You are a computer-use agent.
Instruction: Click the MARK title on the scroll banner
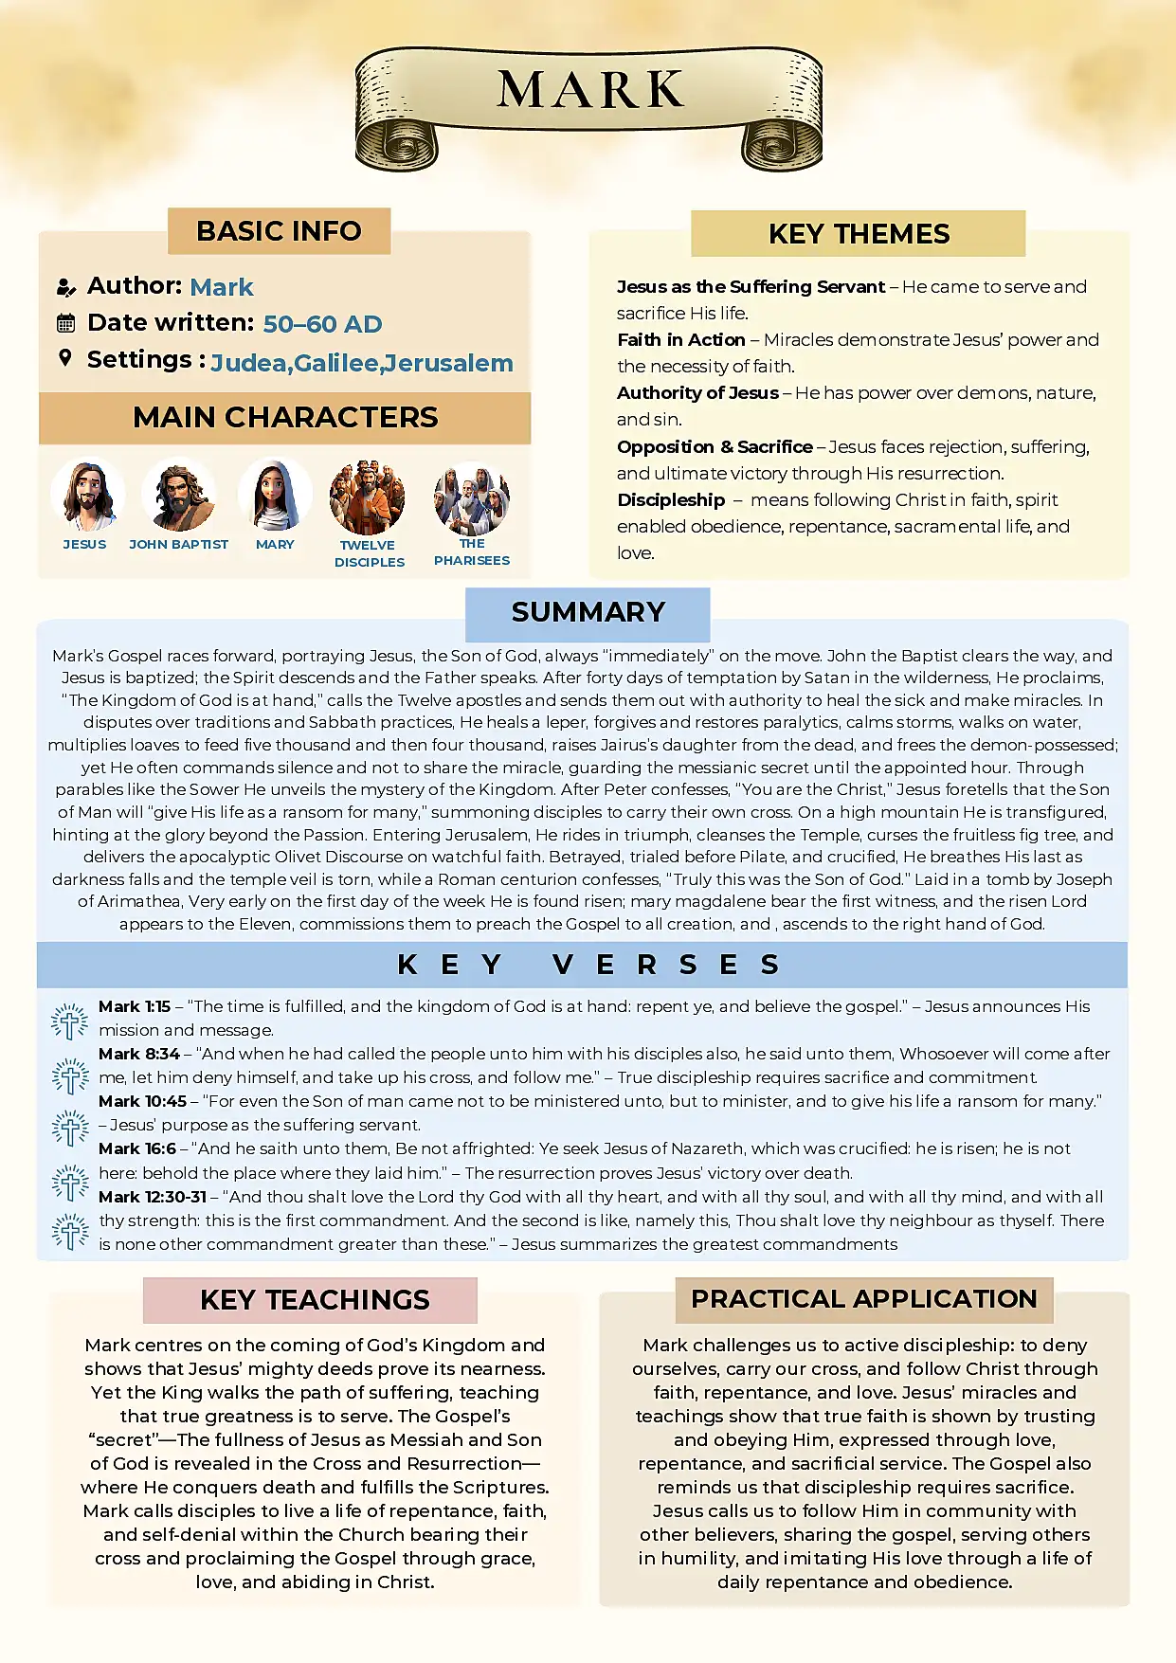click(589, 90)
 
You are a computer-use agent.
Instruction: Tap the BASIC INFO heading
click(279, 231)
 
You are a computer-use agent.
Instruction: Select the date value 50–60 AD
click(322, 324)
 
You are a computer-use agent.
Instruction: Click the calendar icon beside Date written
click(65, 323)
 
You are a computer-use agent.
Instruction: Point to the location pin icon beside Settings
click(64, 358)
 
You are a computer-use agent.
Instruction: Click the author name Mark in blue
click(222, 287)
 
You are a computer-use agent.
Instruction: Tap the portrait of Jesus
click(86, 495)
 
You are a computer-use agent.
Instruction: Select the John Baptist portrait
click(178, 496)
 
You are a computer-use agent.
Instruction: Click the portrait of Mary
click(275, 495)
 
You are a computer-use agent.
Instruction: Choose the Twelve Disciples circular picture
click(368, 497)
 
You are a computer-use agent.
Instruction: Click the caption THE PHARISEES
click(472, 552)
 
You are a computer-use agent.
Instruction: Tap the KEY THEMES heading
click(859, 234)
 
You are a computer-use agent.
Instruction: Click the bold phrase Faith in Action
click(680, 339)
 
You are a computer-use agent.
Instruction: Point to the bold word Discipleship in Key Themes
click(671, 499)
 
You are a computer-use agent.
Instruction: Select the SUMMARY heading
click(588, 612)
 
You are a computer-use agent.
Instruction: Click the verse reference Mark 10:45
click(142, 1101)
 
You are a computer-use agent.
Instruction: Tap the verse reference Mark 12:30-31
click(153, 1197)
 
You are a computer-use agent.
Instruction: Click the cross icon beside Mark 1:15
click(69, 1021)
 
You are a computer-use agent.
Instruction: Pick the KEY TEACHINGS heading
click(315, 1300)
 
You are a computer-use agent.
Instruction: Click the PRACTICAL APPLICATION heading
click(863, 1299)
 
